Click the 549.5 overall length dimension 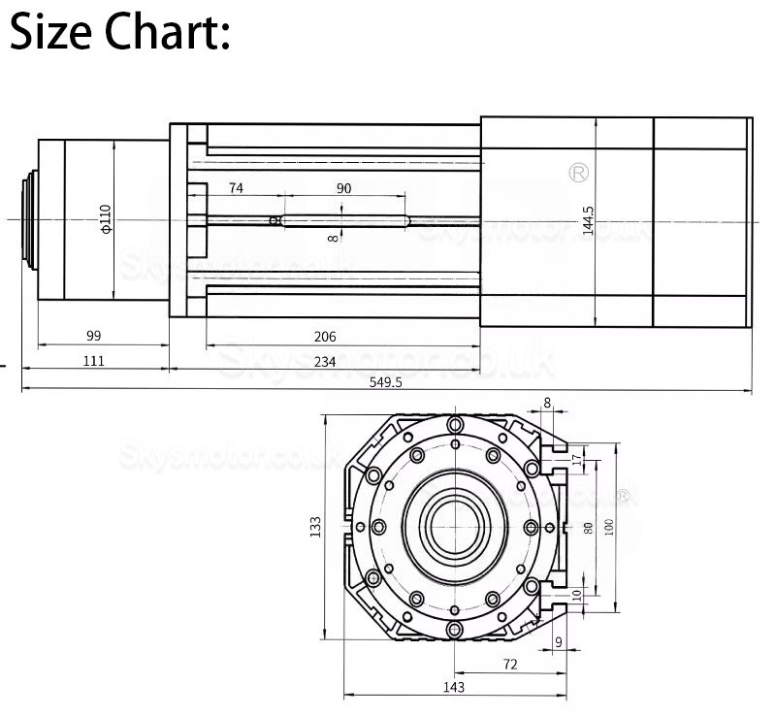pos(385,382)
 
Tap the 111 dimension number pos(94,361)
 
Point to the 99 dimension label pos(94,337)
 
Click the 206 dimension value pos(325,337)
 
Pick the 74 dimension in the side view pos(236,188)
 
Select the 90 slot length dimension pos(343,188)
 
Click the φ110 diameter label pos(106,219)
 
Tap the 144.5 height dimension pos(586,221)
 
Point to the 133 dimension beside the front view pos(315,527)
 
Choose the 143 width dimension pos(453,687)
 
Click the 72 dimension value pos(510,664)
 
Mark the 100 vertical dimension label pos(609,528)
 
